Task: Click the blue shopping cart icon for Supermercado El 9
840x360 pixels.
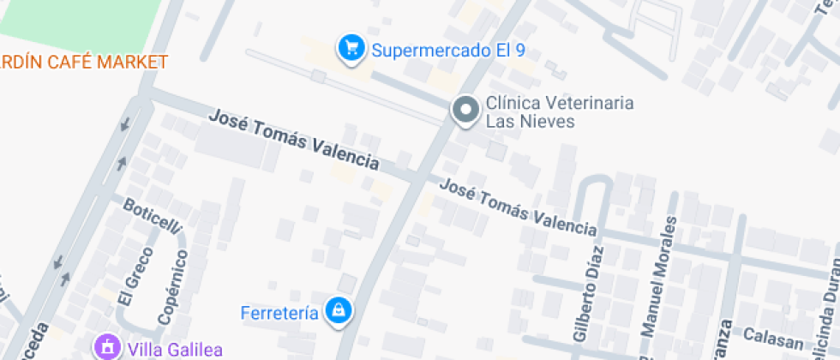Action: (350, 49)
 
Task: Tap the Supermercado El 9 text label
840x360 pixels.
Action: (447, 50)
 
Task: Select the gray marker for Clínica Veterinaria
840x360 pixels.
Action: (466, 111)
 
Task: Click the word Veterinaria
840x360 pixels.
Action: (587, 103)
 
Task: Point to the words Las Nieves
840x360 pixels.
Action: (530, 122)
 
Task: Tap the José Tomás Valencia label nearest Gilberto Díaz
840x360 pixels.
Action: (518, 207)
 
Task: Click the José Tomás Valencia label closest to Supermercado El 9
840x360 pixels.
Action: (294, 138)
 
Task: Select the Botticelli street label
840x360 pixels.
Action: (153, 218)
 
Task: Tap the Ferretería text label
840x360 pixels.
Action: (279, 310)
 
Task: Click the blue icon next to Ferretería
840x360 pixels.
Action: (339, 310)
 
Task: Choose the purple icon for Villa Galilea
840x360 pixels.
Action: (108, 348)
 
